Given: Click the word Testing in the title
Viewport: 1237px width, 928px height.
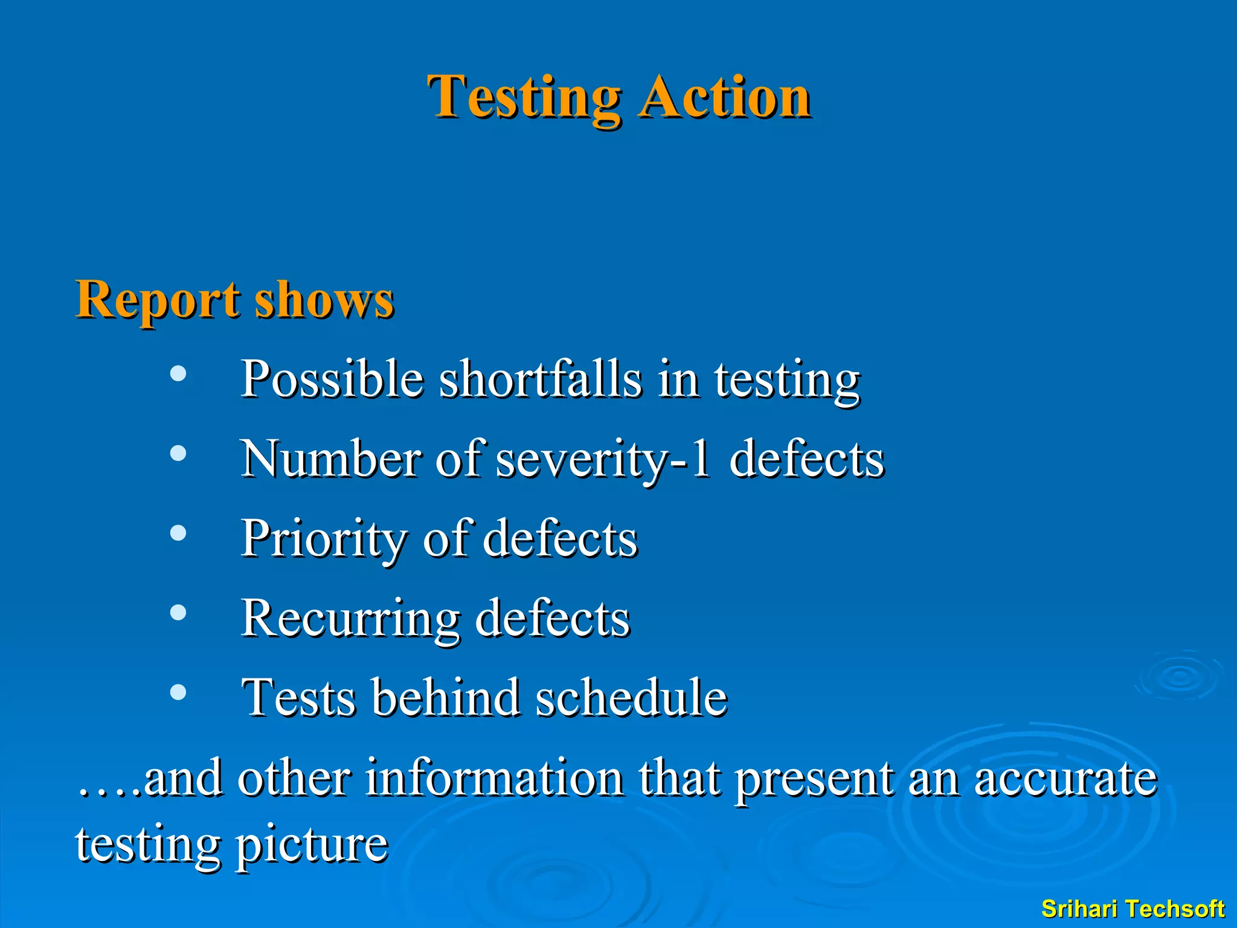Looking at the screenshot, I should [524, 98].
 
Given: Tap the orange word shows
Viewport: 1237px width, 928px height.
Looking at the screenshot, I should [324, 300].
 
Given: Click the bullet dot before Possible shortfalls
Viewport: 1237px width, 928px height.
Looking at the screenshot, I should [178, 373].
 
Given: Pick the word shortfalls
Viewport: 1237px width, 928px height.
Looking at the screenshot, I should [541, 379].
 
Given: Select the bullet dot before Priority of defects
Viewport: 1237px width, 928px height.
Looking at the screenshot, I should [178, 533].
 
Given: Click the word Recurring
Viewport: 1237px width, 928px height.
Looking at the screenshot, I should [350, 619].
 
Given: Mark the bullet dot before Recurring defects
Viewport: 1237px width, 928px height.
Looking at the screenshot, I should [178, 613].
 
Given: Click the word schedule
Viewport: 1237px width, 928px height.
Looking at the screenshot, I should [631, 698].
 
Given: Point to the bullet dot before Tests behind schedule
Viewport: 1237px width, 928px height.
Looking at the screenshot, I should [178, 692].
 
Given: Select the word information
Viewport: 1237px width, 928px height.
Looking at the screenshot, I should [494, 778].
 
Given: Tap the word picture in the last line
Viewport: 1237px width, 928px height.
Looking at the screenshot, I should [311, 845].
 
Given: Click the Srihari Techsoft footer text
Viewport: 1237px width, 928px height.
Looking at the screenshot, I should [1133, 909].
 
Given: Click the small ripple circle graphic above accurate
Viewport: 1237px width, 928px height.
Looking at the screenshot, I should [1180, 675].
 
